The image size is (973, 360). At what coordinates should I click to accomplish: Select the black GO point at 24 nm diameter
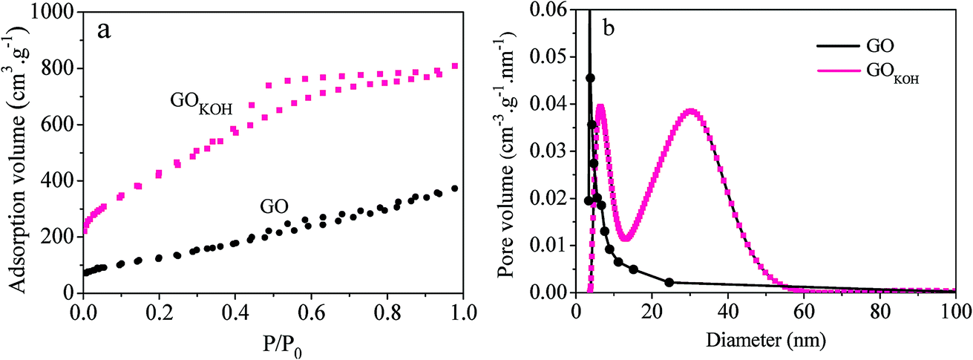pyautogui.click(x=669, y=282)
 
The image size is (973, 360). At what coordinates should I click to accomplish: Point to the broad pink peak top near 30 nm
pyautogui.click(x=690, y=111)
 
